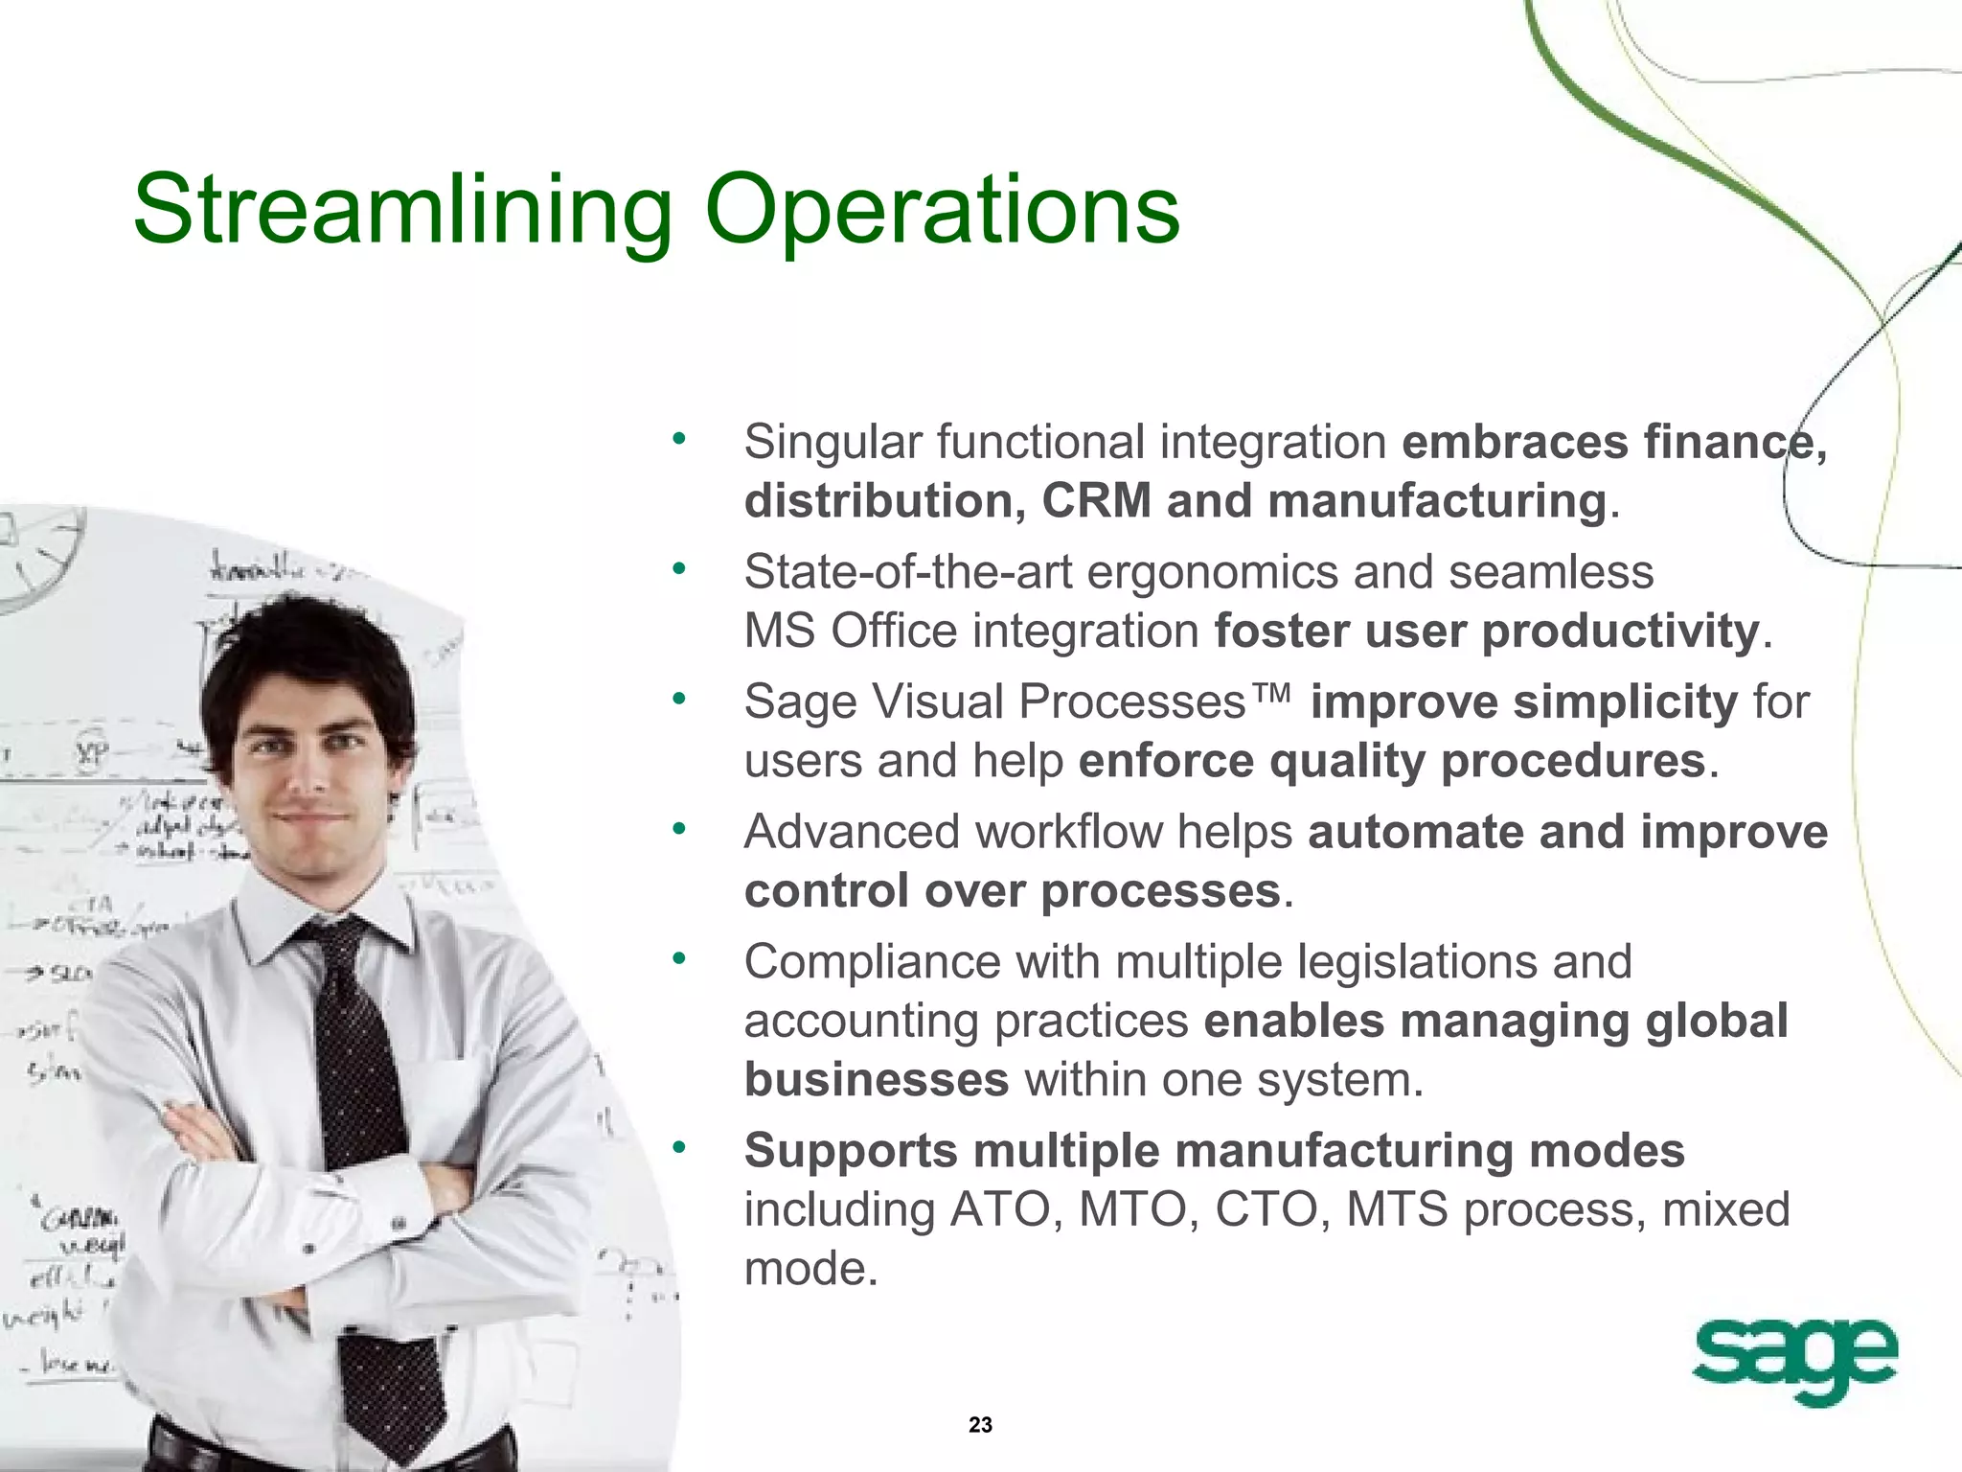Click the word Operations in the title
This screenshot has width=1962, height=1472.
(x=942, y=209)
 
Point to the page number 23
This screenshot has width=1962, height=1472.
(x=980, y=1425)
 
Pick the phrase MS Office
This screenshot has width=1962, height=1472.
(x=850, y=632)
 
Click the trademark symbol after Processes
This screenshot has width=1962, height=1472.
(x=1272, y=692)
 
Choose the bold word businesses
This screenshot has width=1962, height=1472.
(x=876, y=1080)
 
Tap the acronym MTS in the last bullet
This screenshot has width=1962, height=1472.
(x=1396, y=1209)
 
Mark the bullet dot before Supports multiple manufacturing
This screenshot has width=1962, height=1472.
(x=679, y=1146)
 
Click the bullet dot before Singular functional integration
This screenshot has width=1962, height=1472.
(x=679, y=439)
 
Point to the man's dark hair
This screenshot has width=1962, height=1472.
(x=307, y=652)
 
